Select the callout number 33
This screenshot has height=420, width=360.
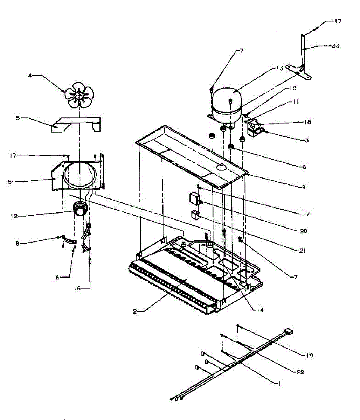click(335, 46)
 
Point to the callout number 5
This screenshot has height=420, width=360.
click(18, 118)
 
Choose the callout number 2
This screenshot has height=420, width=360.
click(135, 312)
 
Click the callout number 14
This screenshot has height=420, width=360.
click(259, 310)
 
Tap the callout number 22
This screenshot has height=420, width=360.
click(300, 372)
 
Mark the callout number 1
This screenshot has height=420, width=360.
click(279, 383)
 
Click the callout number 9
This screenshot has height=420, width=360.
click(303, 187)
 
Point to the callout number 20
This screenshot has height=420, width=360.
click(303, 231)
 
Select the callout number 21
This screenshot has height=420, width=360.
click(303, 251)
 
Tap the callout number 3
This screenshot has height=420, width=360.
click(307, 141)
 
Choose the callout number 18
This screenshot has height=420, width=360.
click(307, 122)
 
